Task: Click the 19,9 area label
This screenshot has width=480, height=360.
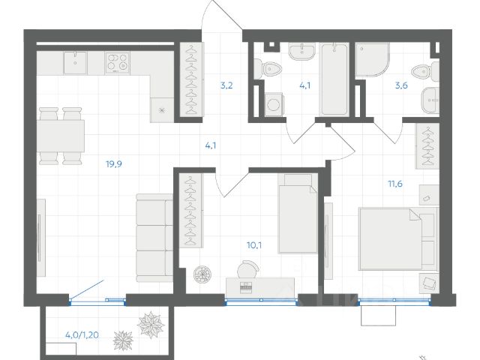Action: coord(114,164)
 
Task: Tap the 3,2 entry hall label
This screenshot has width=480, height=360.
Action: coord(226,85)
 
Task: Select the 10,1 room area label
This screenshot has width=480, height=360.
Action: coord(254,245)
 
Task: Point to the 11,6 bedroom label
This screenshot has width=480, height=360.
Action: coord(395,184)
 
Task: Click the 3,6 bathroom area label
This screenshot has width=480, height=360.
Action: coord(401,85)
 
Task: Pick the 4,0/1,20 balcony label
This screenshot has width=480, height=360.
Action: coord(82,335)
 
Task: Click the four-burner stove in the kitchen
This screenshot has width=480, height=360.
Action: coord(118,62)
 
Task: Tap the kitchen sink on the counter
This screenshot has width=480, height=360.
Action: coord(75,62)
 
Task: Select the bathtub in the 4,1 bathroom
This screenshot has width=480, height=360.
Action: coord(334,79)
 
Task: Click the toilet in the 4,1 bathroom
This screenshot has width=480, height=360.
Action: coord(268,70)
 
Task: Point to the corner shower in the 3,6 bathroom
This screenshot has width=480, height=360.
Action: coord(372,60)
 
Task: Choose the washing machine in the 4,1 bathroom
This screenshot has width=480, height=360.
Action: coord(274,105)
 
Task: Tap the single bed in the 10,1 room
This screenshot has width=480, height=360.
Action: coord(298,214)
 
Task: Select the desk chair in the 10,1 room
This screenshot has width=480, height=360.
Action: coord(248,268)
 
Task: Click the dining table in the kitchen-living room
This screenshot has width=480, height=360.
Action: coord(61,136)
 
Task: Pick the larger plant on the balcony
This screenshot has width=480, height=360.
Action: coord(151,325)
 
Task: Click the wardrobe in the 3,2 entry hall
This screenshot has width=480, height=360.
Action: coord(191,79)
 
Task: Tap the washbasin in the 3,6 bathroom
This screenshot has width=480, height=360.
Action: coord(430,100)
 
